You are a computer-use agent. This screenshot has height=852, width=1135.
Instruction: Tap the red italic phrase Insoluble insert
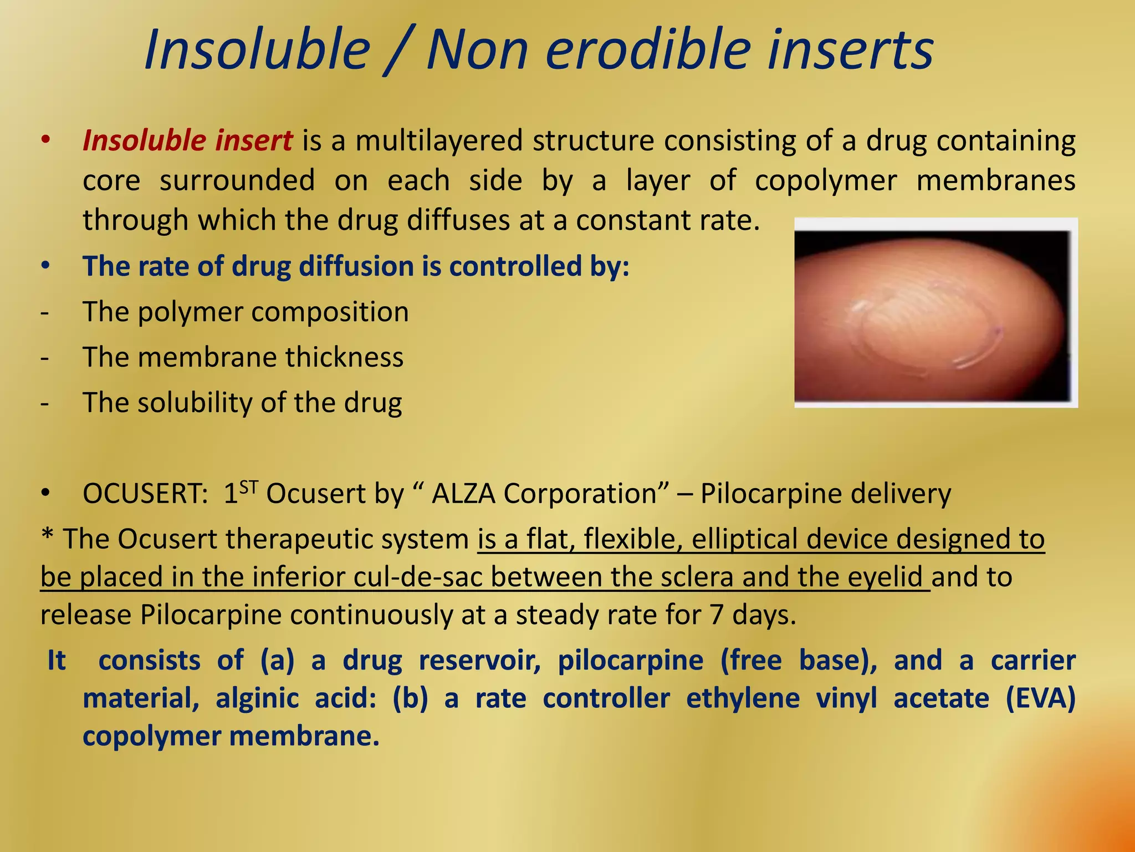point(187,140)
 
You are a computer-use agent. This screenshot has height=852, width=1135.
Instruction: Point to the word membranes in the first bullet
point(995,180)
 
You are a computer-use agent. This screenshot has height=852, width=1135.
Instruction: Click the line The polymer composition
point(246,312)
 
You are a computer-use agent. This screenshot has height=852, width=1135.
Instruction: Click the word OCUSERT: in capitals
point(145,493)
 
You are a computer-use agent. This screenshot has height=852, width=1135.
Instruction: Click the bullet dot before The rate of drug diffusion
point(45,266)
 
